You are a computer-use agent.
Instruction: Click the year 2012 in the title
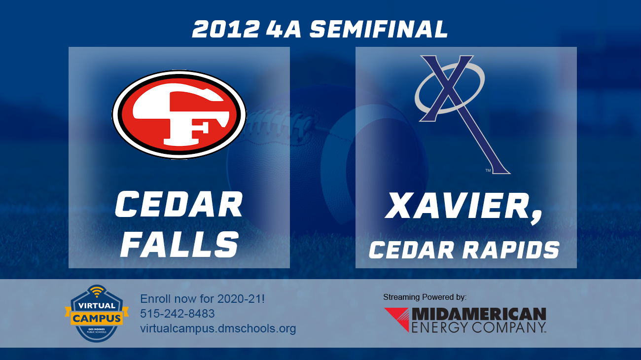(x=225, y=29)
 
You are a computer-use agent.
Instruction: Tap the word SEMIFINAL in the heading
(x=379, y=29)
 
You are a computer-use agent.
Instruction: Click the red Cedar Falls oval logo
(x=179, y=115)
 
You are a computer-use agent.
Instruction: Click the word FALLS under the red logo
(x=179, y=245)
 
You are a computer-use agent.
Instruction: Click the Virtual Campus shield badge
(x=97, y=314)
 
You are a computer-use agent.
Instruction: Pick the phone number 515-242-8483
(x=178, y=314)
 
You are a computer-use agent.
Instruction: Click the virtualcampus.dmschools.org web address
(x=218, y=328)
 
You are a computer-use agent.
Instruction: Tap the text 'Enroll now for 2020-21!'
(x=203, y=299)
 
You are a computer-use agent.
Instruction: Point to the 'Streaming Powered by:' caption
(x=425, y=297)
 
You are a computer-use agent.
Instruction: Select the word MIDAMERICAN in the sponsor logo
(x=479, y=314)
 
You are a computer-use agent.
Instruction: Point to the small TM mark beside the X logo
(x=488, y=171)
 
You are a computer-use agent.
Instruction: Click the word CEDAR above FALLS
(x=179, y=205)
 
